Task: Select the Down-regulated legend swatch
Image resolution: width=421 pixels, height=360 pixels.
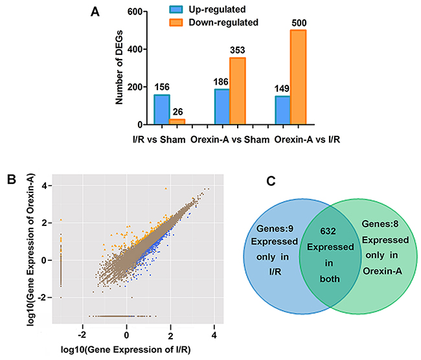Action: click(x=182, y=23)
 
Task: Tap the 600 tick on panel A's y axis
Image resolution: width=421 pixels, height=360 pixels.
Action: click(x=133, y=12)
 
